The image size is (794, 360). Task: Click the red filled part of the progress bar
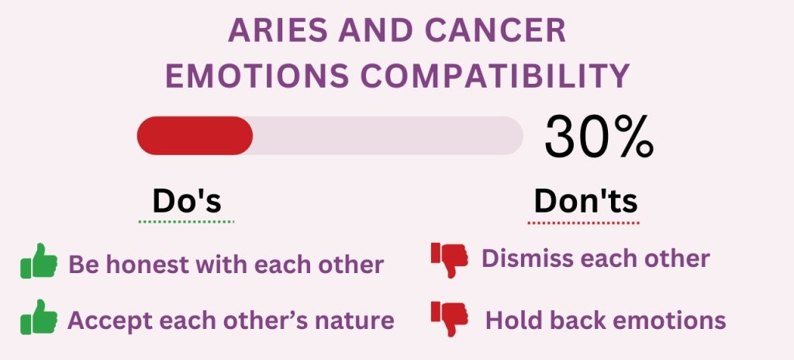coord(195,136)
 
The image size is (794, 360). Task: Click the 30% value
coord(599,137)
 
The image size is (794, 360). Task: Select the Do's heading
coord(187,201)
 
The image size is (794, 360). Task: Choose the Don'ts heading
coord(585,201)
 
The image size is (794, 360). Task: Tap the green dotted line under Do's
coord(187,222)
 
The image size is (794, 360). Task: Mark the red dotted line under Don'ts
coord(584,223)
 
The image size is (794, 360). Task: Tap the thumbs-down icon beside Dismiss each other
coord(449,259)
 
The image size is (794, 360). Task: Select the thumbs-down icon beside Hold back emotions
coord(449,318)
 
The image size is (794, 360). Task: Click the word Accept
coord(109,320)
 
